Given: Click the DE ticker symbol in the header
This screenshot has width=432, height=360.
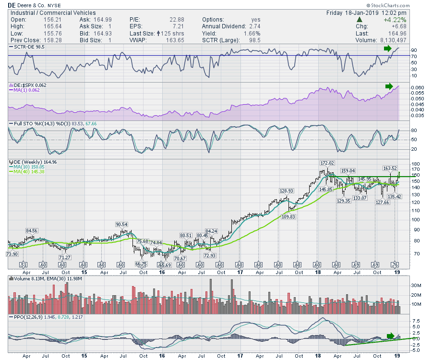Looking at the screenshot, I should coord(12,4).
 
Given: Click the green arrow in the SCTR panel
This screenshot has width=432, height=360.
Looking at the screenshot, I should coord(387,48).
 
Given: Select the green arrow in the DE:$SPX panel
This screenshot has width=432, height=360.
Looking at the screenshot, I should coord(388,86).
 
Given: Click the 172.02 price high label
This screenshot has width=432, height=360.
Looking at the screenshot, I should coord(327,164).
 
